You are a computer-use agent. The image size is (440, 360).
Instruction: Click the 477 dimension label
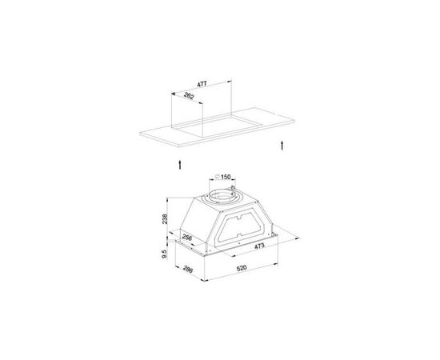coord(202,84)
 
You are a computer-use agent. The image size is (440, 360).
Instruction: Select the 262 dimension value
coord(189,96)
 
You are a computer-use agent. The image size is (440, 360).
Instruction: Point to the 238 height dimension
coord(165,219)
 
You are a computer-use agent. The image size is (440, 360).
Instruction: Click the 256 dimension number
coord(187,238)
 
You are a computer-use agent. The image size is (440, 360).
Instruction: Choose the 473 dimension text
coord(259,246)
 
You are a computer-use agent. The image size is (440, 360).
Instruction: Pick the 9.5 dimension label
coord(165,254)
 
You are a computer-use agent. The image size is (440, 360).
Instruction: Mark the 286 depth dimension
coord(188,269)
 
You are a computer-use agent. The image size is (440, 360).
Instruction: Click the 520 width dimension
coord(242,268)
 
